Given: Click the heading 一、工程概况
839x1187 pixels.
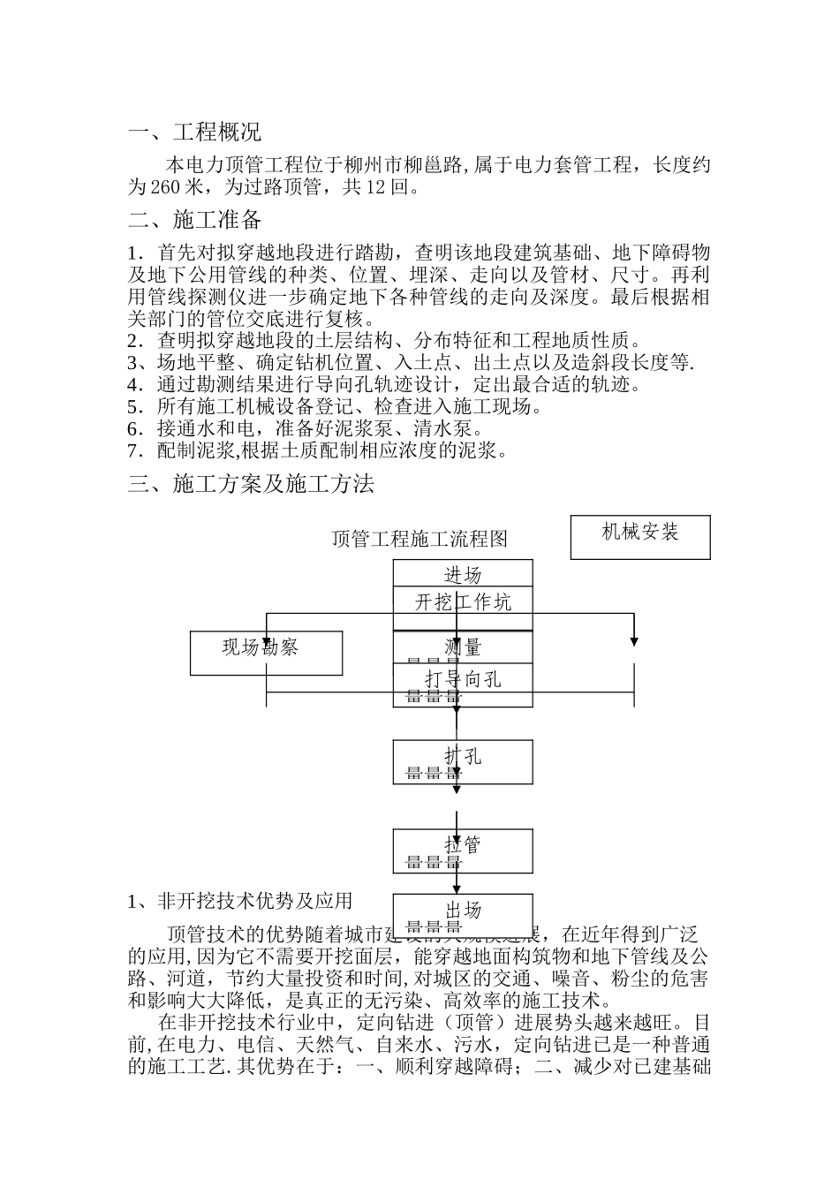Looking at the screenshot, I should (x=194, y=133).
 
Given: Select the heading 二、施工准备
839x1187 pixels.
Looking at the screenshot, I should (x=194, y=219).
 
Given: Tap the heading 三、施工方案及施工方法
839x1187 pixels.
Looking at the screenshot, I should (x=251, y=484).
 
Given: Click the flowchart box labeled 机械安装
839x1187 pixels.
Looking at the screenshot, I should (x=640, y=537).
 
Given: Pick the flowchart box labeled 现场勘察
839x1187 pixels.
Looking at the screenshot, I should (x=266, y=653).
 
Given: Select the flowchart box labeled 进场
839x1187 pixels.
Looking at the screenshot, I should (x=463, y=574).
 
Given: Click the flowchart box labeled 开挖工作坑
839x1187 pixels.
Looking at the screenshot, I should (x=463, y=602).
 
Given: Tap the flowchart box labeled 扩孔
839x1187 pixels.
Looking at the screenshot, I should (x=463, y=761).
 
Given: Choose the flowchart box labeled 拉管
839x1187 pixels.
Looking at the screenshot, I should (x=463, y=850).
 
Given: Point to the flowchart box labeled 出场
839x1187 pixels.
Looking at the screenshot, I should (x=463, y=914).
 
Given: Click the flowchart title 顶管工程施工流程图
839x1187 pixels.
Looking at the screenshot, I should (x=419, y=539).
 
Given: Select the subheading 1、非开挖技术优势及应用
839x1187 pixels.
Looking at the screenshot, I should (x=240, y=901).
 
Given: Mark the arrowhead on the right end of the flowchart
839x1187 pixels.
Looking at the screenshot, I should (x=634, y=640).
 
